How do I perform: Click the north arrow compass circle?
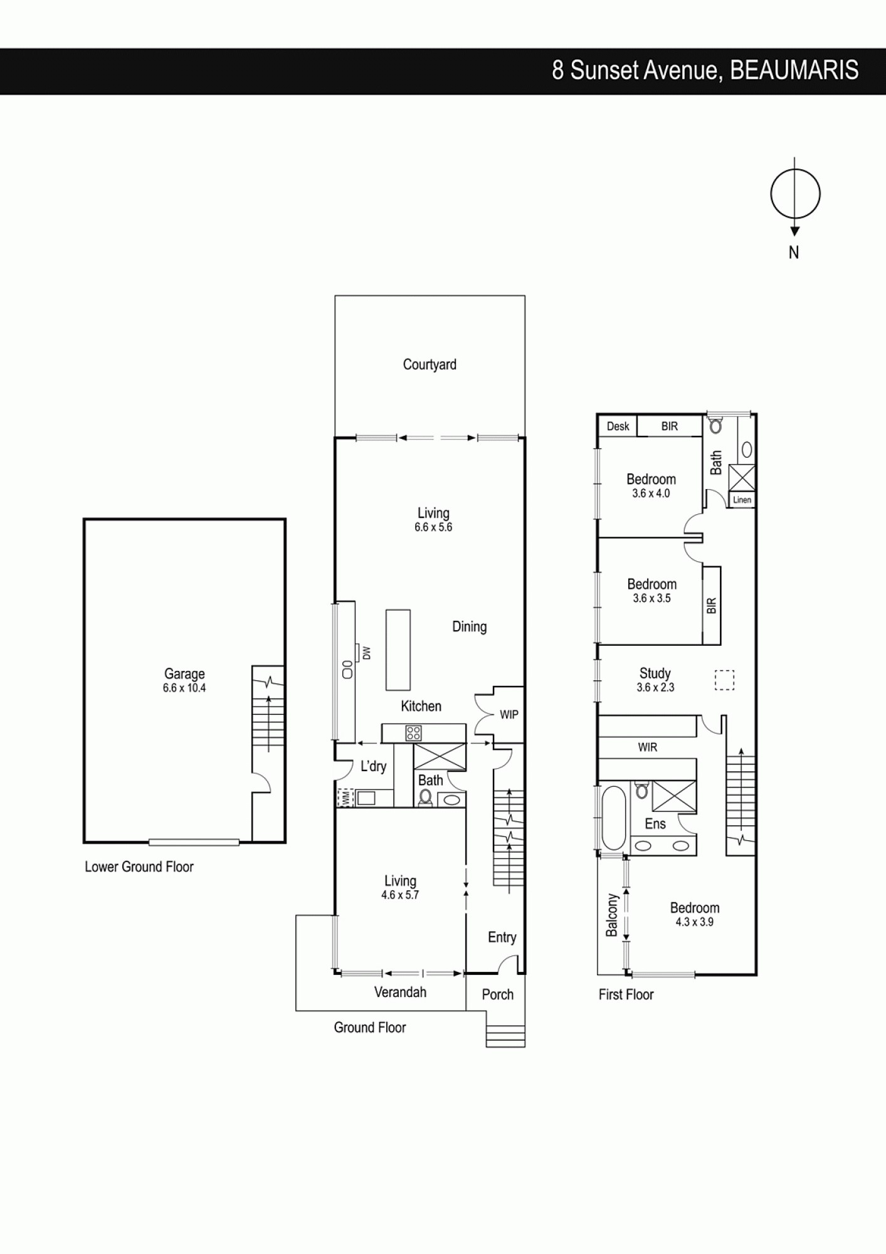pos(794,194)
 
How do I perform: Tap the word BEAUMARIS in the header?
pos(794,71)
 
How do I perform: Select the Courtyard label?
pos(430,365)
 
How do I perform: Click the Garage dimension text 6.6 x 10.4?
pos(184,688)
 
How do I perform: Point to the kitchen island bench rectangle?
pos(398,649)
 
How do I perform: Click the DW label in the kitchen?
pos(367,653)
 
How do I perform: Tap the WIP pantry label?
pos(509,715)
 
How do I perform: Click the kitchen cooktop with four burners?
pos(413,733)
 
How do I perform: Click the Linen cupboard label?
pos(742,500)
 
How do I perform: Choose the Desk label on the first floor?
pos(618,426)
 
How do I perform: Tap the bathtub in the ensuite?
pos(613,817)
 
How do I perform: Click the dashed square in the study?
pos(724,680)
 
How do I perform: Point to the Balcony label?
pos(612,915)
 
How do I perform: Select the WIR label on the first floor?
pos(647,747)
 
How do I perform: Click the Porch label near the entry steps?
pos(497,994)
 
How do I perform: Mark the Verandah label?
pos(400,992)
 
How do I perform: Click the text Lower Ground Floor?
pos(139,867)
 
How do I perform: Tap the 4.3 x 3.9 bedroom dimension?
pos(694,922)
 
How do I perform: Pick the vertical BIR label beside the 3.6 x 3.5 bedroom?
pos(711,606)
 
